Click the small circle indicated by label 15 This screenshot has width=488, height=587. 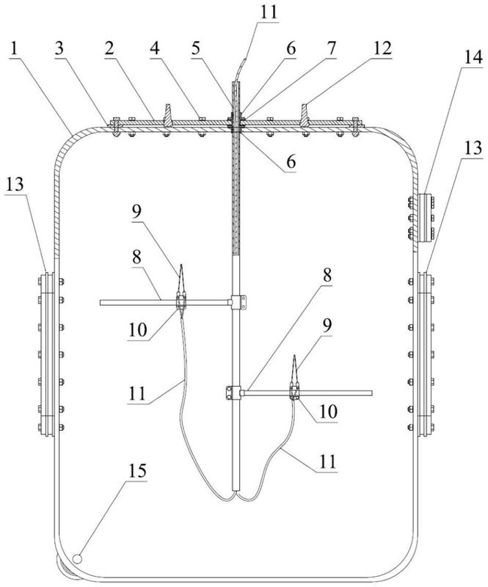[x=79, y=558]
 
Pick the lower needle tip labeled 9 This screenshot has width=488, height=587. [x=295, y=357]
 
